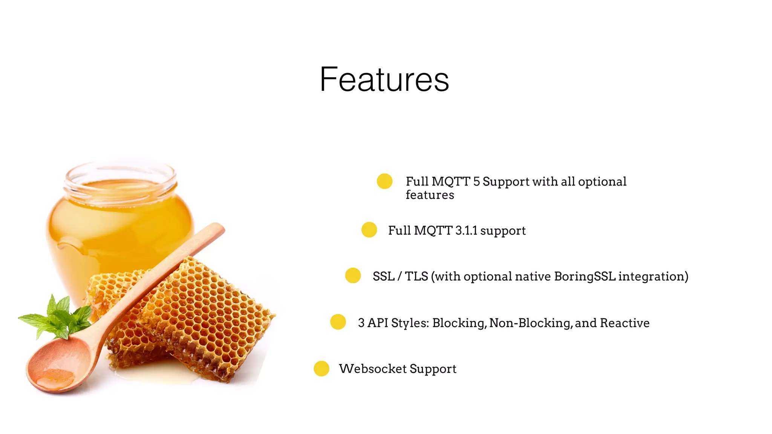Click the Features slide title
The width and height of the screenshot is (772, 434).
click(x=384, y=79)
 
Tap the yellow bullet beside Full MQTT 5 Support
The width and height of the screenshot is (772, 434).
click(x=384, y=181)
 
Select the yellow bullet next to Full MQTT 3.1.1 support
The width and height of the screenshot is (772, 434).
click(x=369, y=230)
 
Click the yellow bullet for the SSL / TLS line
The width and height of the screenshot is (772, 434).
click(x=353, y=275)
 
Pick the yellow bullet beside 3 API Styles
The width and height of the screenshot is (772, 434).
click(x=338, y=322)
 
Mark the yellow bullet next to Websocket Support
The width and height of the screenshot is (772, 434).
click(x=322, y=368)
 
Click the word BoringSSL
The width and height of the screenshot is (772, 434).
click(x=585, y=277)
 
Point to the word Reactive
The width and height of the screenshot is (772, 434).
click(x=625, y=323)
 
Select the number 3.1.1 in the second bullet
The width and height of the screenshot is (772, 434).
click(x=466, y=231)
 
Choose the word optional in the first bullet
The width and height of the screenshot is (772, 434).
click(x=602, y=182)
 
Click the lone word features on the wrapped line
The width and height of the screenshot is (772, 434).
click(x=430, y=195)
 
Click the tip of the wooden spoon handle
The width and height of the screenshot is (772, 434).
click(x=217, y=228)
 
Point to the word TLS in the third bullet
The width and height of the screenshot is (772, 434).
click(x=416, y=277)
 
